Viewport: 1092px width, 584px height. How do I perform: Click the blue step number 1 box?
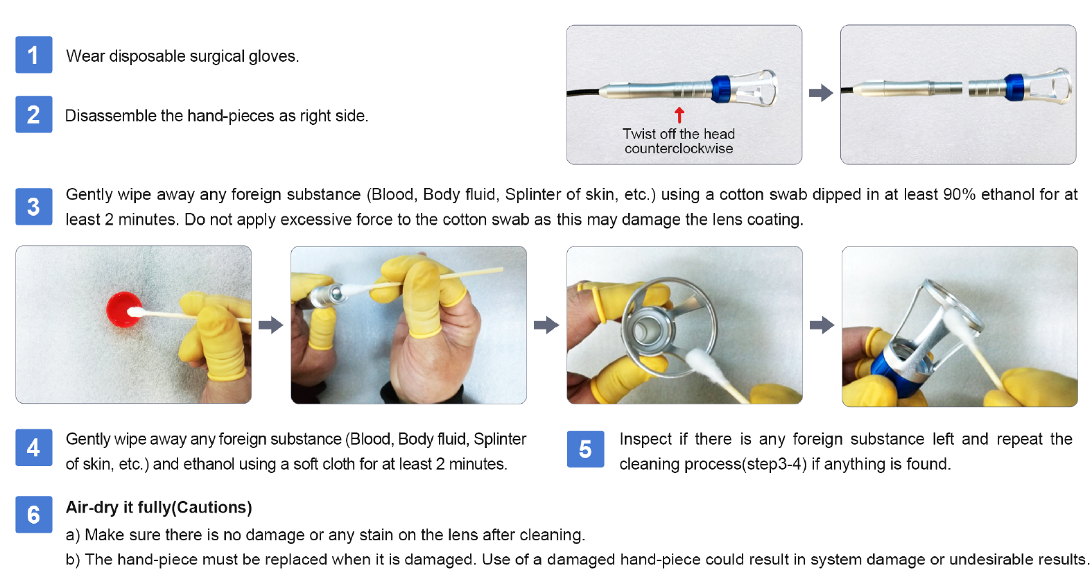[34, 55]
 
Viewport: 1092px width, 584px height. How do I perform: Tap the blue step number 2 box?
[34, 114]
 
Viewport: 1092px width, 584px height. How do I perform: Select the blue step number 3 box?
[34, 207]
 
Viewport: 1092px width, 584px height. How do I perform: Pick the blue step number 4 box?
[34, 447]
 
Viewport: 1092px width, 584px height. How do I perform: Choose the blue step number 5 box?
[585, 449]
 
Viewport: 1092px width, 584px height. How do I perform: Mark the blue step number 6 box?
[34, 514]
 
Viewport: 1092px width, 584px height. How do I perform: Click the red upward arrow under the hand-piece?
[679, 115]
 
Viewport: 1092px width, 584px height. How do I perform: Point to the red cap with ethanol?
[124, 309]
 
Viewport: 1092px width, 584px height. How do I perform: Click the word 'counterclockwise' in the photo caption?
[679, 148]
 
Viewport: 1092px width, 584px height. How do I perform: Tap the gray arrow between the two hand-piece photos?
[821, 93]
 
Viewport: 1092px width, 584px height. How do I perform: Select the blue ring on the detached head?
[1014, 88]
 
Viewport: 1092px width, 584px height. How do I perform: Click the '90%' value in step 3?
[960, 194]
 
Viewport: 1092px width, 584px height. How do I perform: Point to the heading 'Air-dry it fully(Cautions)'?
[159, 508]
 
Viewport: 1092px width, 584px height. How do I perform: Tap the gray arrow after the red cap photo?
[270, 325]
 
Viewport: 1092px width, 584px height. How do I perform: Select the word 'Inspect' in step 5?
[645, 440]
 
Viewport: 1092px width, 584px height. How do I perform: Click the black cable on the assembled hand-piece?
[583, 93]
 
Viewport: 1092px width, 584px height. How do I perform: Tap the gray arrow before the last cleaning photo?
[822, 325]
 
